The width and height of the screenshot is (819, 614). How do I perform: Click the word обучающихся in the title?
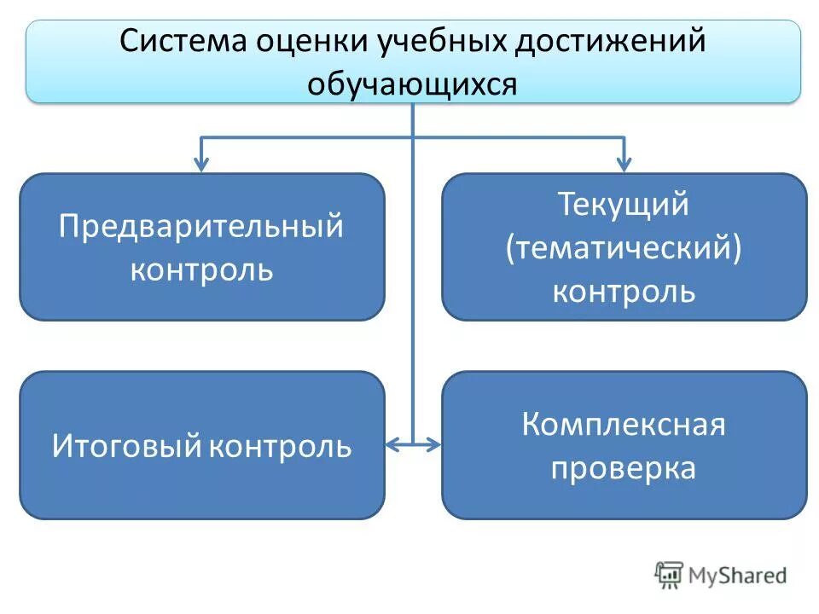pyautogui.click(x=412, y=84)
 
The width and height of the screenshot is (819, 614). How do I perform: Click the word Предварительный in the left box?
pyautogui.click(x=201, y=227)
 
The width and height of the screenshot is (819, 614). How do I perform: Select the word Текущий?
pyautogui.click(x=624, y=206)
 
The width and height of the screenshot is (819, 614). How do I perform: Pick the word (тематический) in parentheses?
pyautogui.click(x=624, y=249)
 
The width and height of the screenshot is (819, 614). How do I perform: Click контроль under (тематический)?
pyautogui.click(x=624, y=292)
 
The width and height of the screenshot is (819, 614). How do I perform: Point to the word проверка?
pyautogui.click(x=624, y=468)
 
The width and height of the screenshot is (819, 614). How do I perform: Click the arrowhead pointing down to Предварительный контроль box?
pyautogui.click(x=201, y=164)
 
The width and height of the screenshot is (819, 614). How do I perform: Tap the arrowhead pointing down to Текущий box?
pyautogui.click(x=624, y=164)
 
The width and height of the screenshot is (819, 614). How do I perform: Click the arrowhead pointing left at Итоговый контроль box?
pyautogui.click(x=392, y=444)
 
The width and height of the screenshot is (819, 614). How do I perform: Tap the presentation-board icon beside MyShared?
pyautogui.click(x=670, y=575)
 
